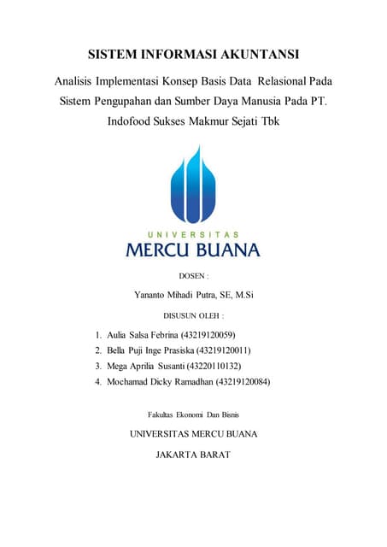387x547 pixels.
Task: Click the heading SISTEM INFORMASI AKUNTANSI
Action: pyautogui.click(x=193, y=56)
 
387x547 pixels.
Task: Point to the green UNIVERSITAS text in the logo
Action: pyautogui.click(x=193, y=234)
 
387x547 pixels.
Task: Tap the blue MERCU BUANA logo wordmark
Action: pyautogui.click(x=193, y=250)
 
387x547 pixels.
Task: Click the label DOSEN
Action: pyautogui.click(x=193, y=276)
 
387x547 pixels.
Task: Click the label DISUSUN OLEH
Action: pyautogui.click(x=193, y=315)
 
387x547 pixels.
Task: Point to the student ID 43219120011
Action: pyautogui.click(x=224, y=350)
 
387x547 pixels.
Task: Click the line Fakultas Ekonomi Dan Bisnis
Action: pyautogui.click(x=193, y=415)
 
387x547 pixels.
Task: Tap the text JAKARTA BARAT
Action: pyautogui.click(x=193, y=455)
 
